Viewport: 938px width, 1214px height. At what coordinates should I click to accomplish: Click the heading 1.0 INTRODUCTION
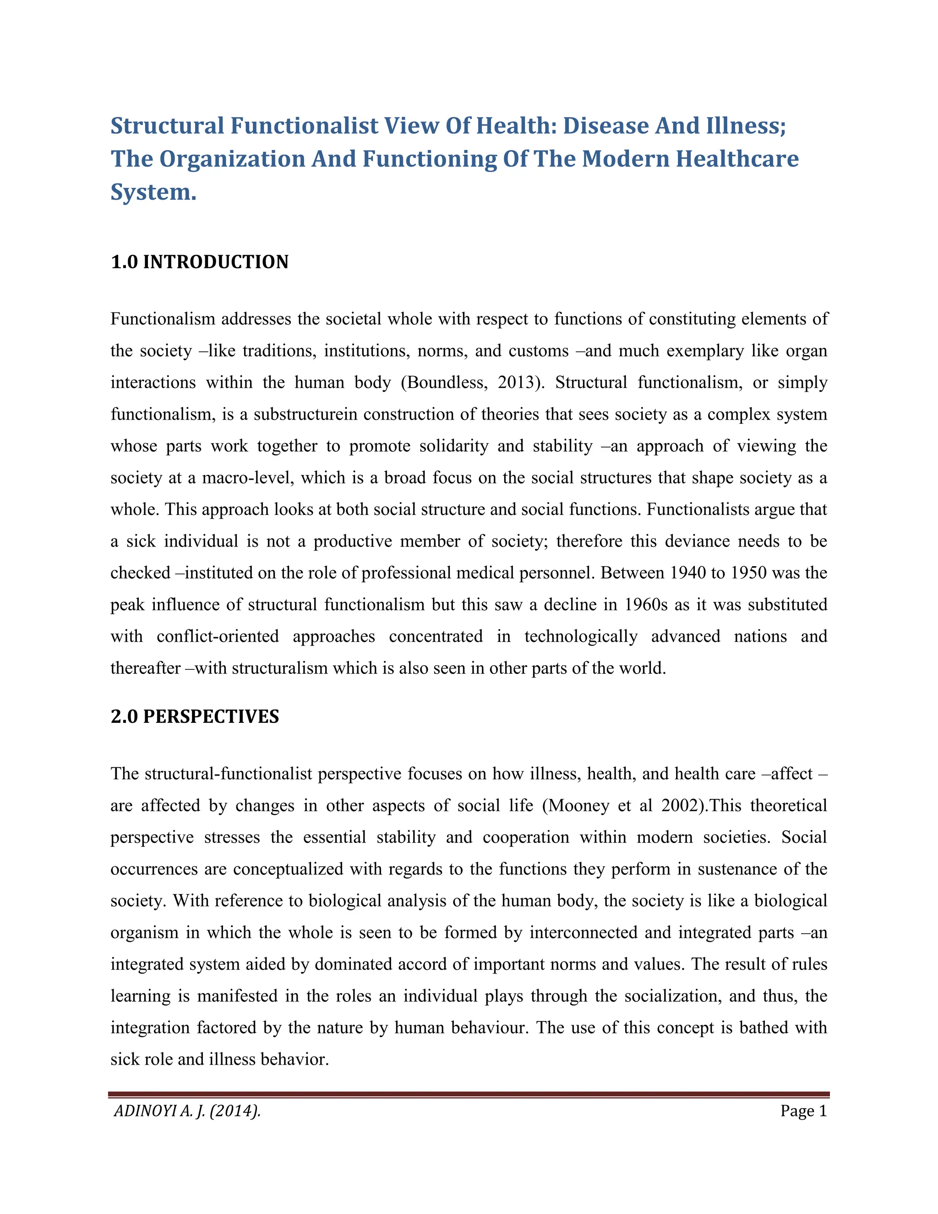200,262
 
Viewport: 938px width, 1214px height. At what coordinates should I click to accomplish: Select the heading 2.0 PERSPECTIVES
195,716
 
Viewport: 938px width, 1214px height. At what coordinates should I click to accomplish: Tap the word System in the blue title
153,192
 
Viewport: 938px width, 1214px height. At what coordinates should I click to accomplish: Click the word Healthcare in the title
737,159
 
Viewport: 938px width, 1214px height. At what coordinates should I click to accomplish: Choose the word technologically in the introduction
581,636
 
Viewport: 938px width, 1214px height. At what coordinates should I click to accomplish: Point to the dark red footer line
469,1094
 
